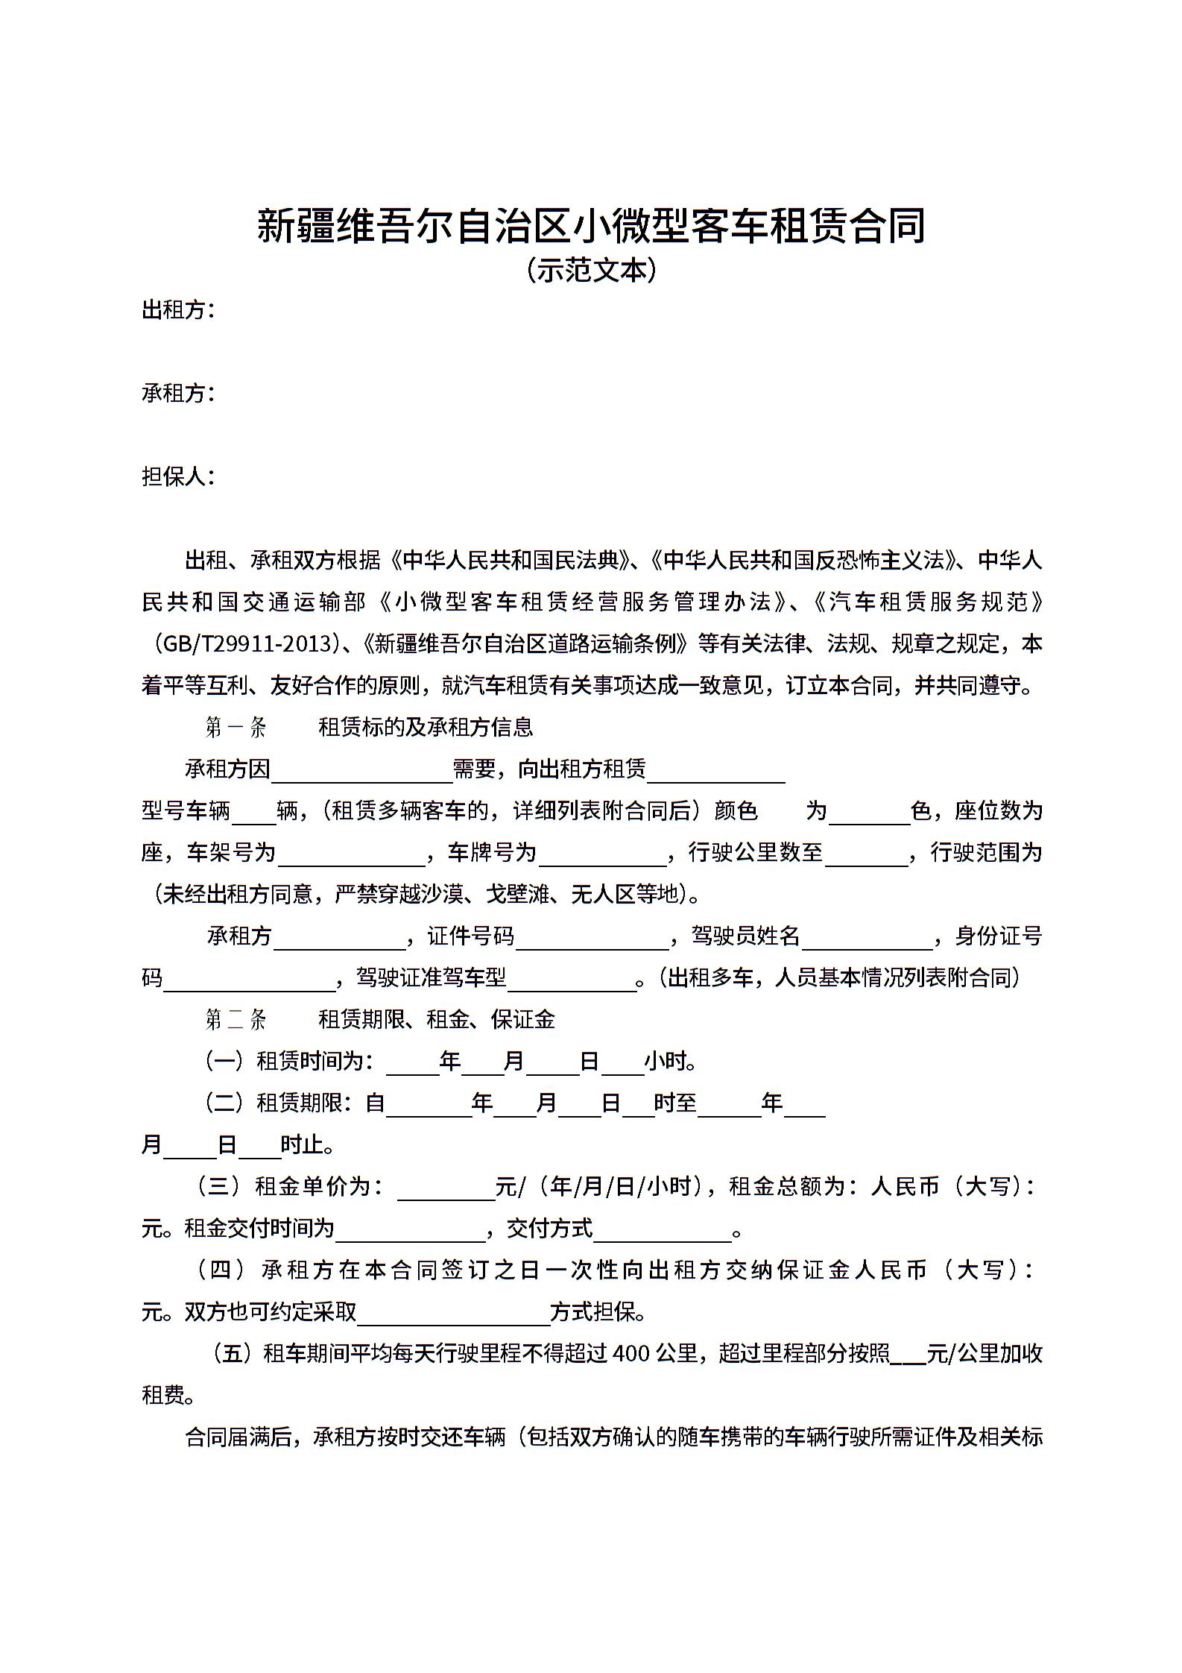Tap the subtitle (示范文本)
tap(591, 270)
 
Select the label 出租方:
tap(178, 309)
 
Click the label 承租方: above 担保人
tap(178, 393)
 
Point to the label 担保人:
tap(178, 476)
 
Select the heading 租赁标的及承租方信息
tap(426, 727)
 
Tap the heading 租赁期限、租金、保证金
tap(437, 1019)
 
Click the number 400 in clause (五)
tap(631, 1353)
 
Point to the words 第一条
tap(236, 727)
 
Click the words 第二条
tap(236, 1019)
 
